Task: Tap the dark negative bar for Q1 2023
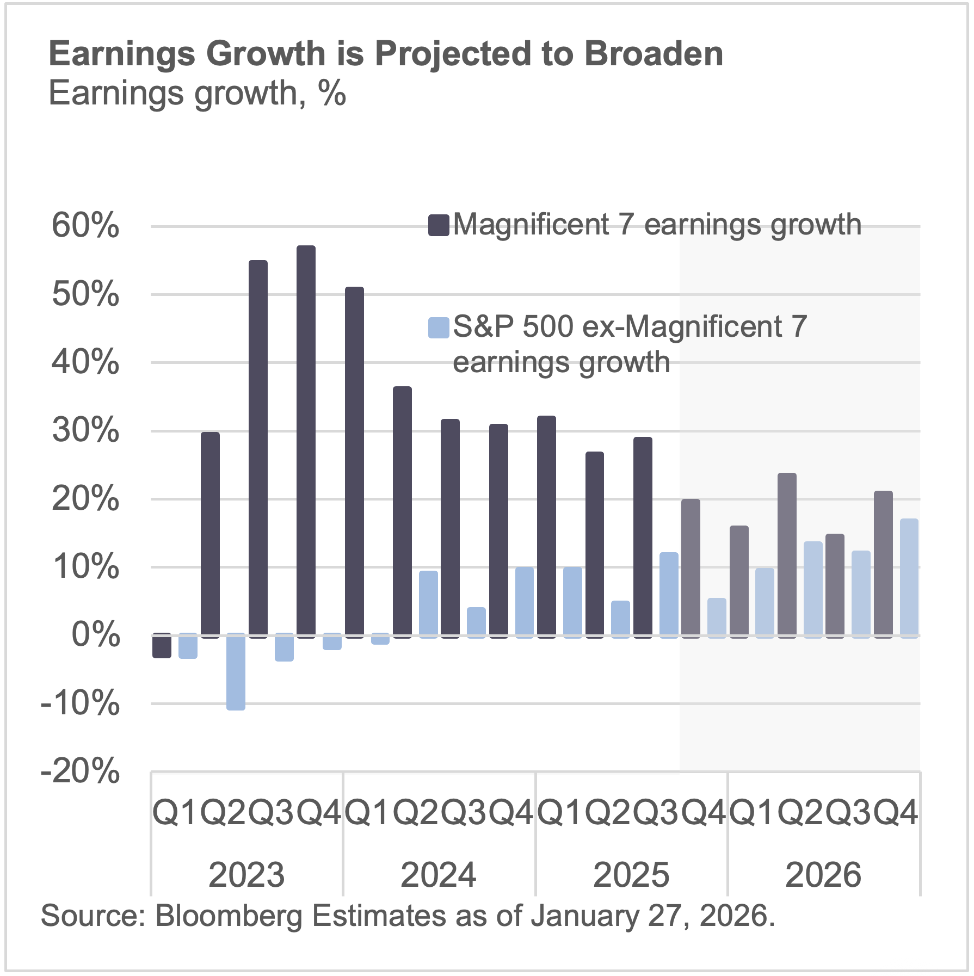(162, 646)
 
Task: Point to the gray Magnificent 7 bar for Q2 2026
(787, 555)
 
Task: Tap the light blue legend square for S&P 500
(438, 328)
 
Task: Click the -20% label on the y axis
(81, 771)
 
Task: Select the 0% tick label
(96, 635)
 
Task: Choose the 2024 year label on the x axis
(439, 875)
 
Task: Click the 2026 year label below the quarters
(823, 875)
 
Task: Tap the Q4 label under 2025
(704, 813)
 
